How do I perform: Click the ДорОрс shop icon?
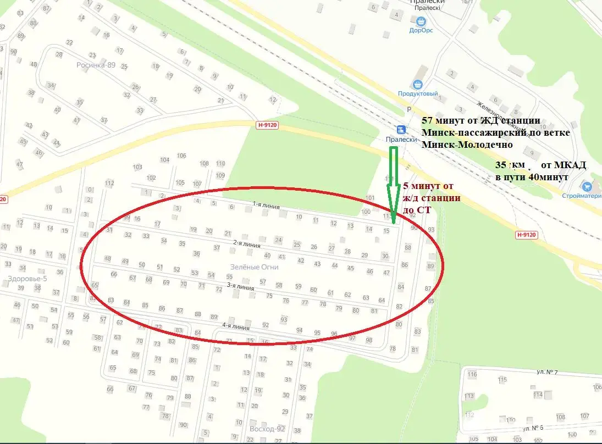421,21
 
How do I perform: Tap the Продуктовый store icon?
418,85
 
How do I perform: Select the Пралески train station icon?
400,130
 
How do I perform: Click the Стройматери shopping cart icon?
588,187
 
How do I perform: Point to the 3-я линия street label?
241,286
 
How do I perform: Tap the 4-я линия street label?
236,326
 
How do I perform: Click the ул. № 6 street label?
533,428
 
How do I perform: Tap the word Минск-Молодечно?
467,145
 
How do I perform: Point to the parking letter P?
408,109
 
